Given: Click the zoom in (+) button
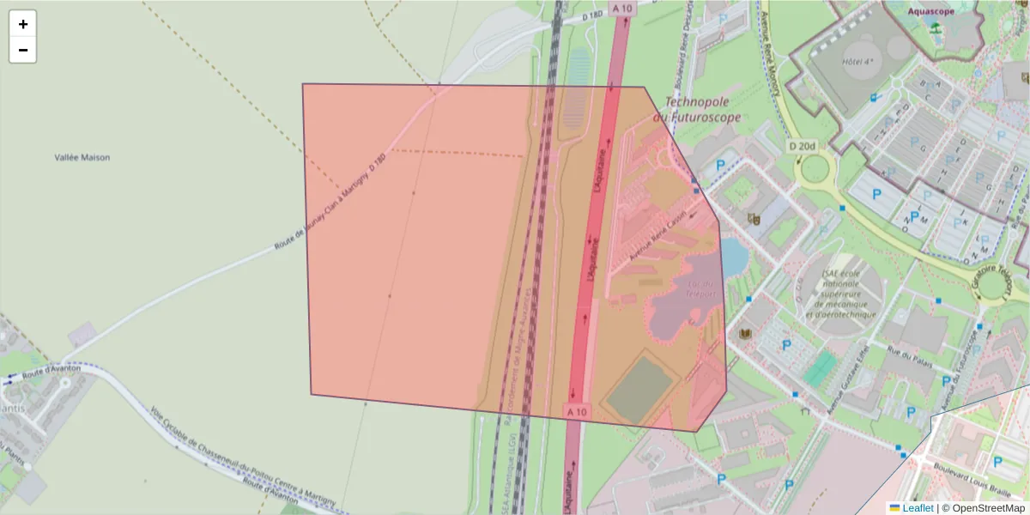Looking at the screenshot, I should pyautogui.click(x=23, y=24).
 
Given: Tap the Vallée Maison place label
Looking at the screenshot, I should pyautogui.click(x=82, y=158).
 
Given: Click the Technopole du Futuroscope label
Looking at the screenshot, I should pyautogui.click(x=697, y=109).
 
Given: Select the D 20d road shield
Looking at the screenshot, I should pyautogui.click(x=801, y=147).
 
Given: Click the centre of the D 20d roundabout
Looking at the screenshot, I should pyautogui.click(x=815, y=168).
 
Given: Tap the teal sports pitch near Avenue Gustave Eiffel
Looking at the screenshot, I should pyautogui.click(x=821, y=368).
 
